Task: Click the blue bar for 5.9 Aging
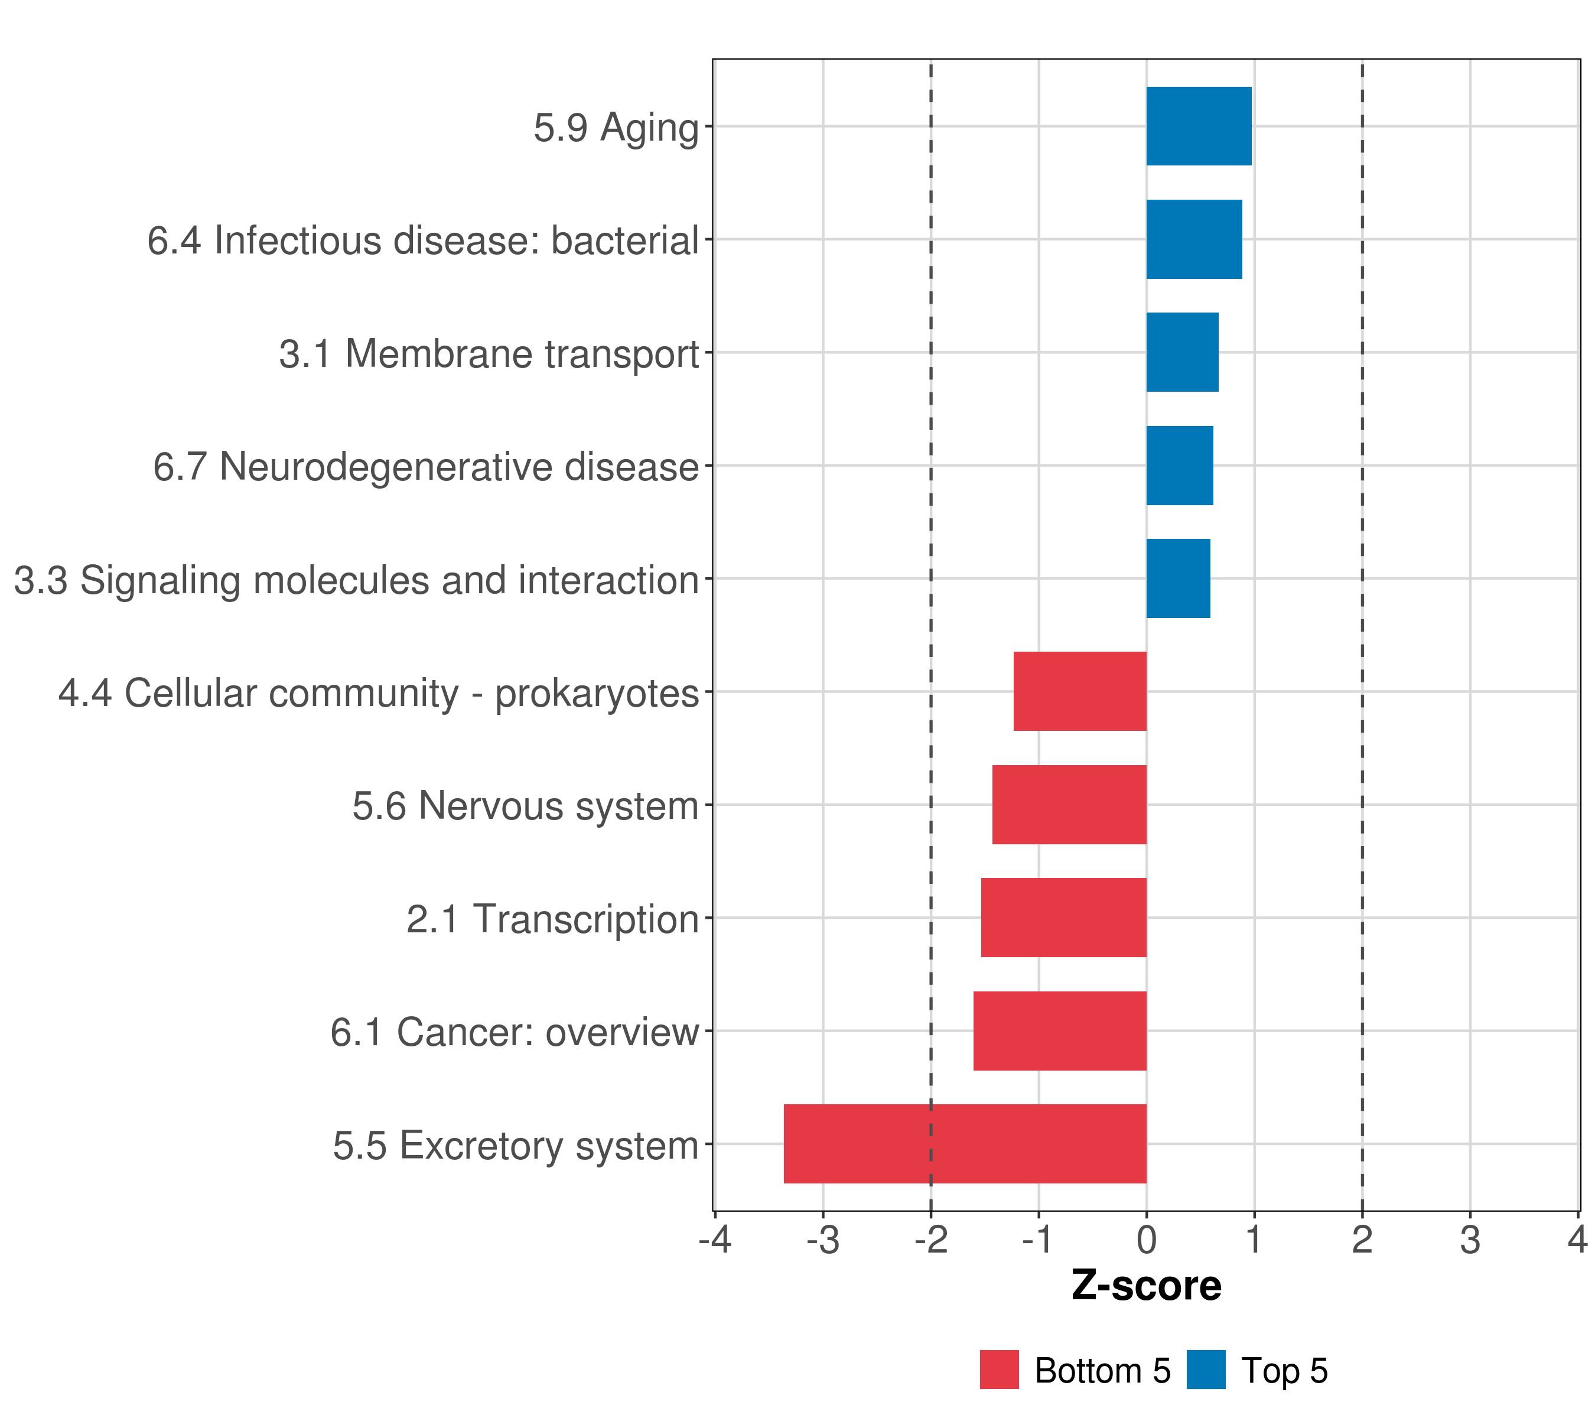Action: [1199, 126]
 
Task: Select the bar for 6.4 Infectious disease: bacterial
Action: [1194, 240]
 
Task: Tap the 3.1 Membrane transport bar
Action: [1182, 353]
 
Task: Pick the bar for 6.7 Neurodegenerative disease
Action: [1180, 466]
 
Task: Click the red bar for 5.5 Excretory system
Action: [965, 1144]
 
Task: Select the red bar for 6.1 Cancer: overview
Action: [1060, 1031]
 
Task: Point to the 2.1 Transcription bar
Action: [1063, 918]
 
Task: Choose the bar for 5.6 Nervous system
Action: [1069, 805]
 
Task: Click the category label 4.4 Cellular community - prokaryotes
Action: [379, 693]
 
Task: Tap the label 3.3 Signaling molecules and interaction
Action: [357, 580]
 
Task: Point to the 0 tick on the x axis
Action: [1146, 1240]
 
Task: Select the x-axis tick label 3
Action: [1470, 1240]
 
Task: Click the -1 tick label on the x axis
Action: [1039, 1240]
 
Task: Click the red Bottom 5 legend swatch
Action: [1000, 1370]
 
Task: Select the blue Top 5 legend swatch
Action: [1206, 1370]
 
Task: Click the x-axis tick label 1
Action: [1254, 1240]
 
